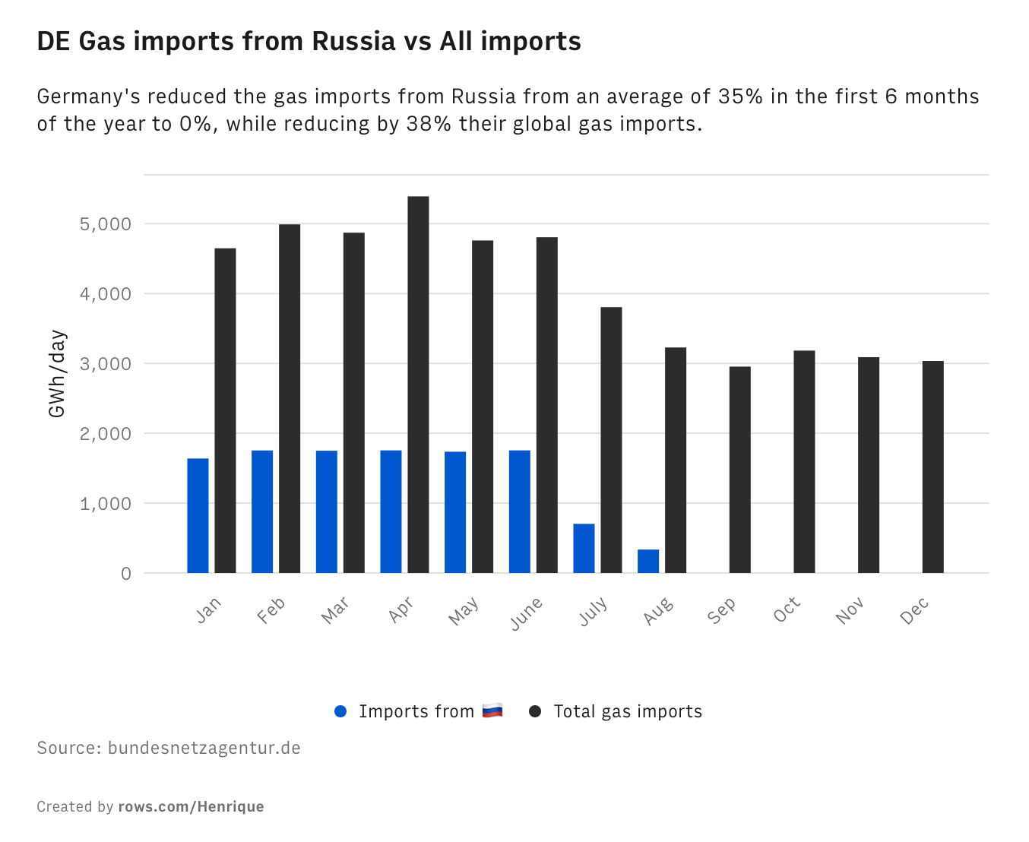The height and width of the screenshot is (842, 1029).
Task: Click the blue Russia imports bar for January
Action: [198, 516]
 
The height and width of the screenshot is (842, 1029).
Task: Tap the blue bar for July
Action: [584, 548]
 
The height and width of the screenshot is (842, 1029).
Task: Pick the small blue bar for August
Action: [648, 561]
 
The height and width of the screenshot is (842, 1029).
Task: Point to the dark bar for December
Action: [932, 467]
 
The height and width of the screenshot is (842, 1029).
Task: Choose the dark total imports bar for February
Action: [290, 398]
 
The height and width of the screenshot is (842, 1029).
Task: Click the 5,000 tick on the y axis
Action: [106, 224]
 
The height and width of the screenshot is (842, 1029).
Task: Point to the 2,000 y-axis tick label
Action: [106, 434]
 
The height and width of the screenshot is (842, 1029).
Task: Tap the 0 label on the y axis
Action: [126, 574]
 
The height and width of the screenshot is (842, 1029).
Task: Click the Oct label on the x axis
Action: [787, 609]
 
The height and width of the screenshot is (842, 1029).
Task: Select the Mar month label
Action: [335, 609]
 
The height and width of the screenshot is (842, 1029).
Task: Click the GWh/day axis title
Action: [57, 374]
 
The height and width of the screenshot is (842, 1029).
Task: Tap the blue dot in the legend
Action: [340, 711]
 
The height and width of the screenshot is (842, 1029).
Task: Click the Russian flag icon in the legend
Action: [492, 711]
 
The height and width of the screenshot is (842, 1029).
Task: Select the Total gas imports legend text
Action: [628, 711]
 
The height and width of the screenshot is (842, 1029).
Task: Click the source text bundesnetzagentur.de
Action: [204, 748]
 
